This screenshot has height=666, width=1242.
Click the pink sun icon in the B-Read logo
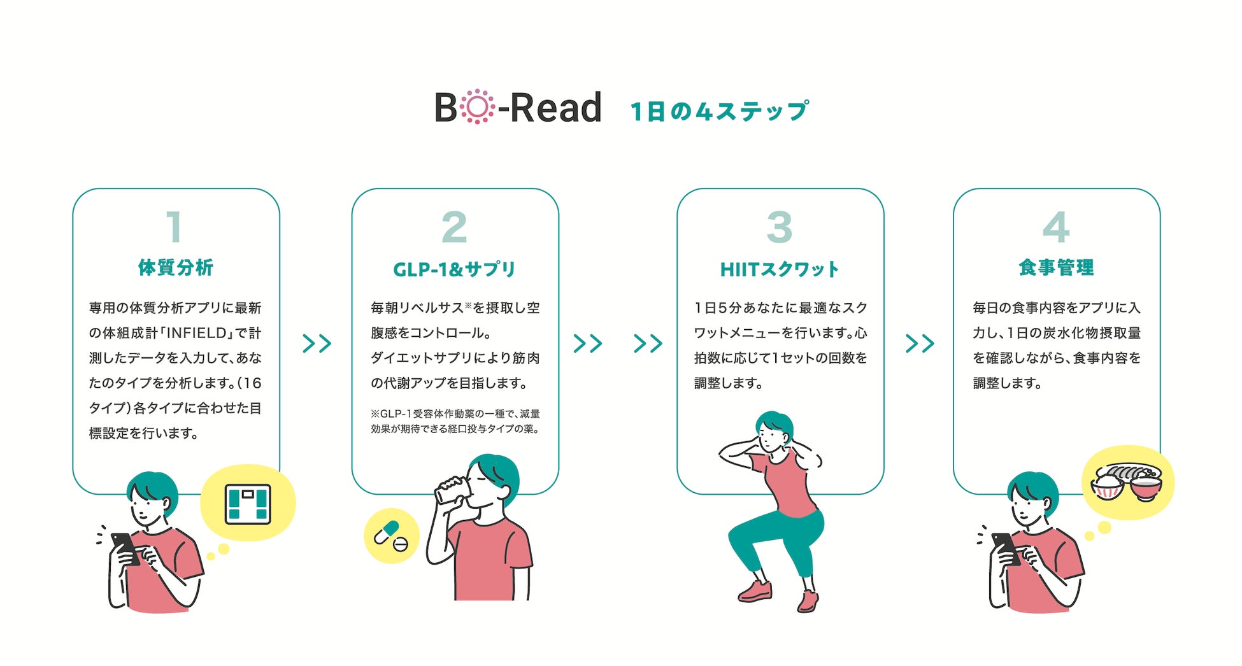click(477, 107)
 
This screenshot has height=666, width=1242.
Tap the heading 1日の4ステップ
click(720, 111)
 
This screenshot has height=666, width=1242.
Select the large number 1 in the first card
click(174, 227)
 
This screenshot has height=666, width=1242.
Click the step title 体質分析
click(176, 267)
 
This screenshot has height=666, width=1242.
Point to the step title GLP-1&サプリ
click(454, 269)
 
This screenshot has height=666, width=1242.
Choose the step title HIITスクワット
click(780, 269)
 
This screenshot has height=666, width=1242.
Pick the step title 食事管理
click(1056, 267)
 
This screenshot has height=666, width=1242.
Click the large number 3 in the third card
click(780, 227)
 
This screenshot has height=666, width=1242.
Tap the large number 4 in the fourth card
click(1056, 227)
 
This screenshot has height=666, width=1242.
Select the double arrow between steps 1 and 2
click(317, 344)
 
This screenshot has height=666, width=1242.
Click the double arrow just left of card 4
click(920, 344)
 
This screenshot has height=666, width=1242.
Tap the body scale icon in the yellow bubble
click(248, 504)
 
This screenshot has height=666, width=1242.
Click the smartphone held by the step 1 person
click(125, 548)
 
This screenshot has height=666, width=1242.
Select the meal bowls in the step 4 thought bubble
click(1127, 482)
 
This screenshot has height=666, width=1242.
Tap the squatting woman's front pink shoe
click(755, 592)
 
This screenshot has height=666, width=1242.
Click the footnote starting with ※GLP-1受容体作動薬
click(455, 422)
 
